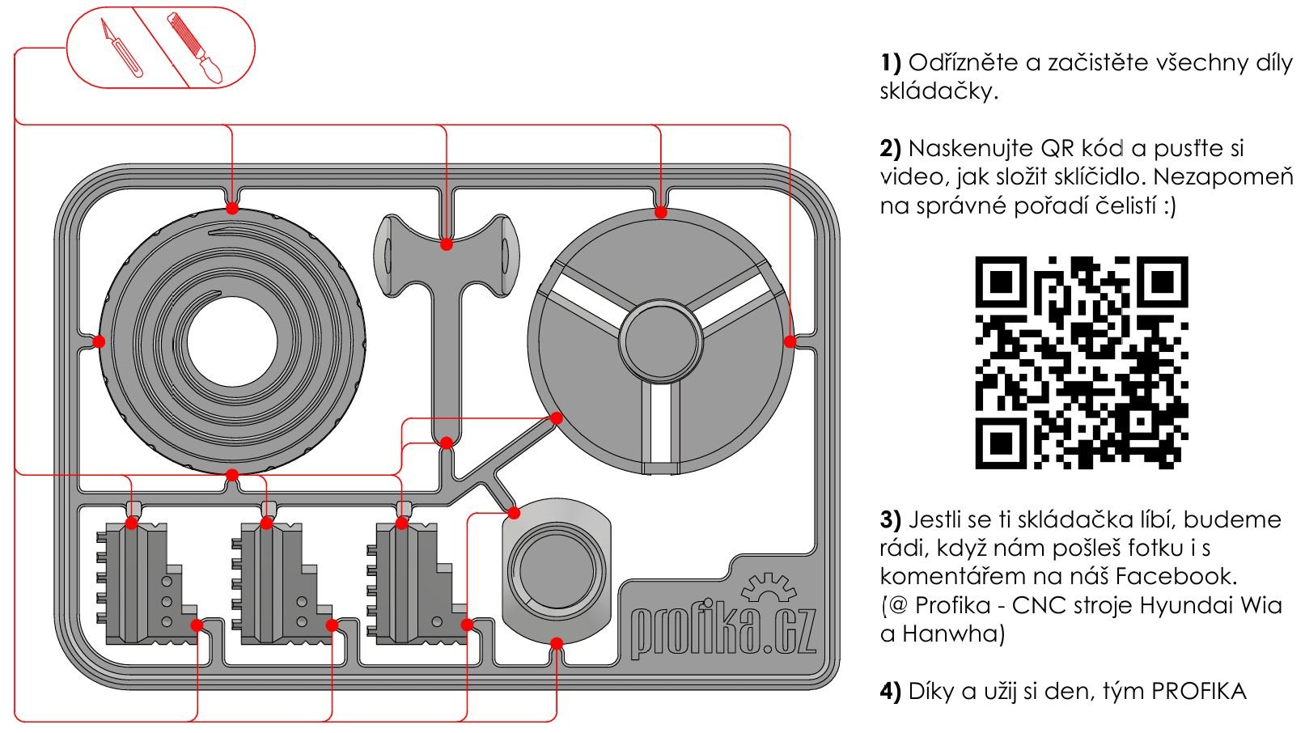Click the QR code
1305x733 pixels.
(1081, 362)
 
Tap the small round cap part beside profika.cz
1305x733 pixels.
(557, 567)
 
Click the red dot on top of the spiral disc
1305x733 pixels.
(232, 208)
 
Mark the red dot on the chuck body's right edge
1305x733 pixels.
(790, 341)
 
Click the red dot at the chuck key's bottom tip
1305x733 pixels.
(446, 443)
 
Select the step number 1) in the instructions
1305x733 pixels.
(890, 63)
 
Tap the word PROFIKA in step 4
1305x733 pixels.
(1199, 691)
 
